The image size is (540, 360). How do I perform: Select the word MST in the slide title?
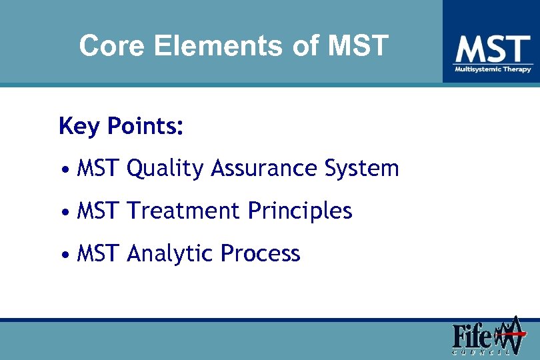coord(358,46)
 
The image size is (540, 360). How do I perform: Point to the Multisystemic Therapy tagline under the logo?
coord(493,69)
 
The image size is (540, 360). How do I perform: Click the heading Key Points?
coord(121,126)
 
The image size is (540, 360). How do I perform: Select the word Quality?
coord(165,169)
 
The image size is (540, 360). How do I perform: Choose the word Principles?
coord(299,211)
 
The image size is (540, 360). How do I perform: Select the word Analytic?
coord(170,254)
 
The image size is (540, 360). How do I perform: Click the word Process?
coord(261,254)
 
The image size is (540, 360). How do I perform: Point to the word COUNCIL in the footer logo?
coord(483,351)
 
